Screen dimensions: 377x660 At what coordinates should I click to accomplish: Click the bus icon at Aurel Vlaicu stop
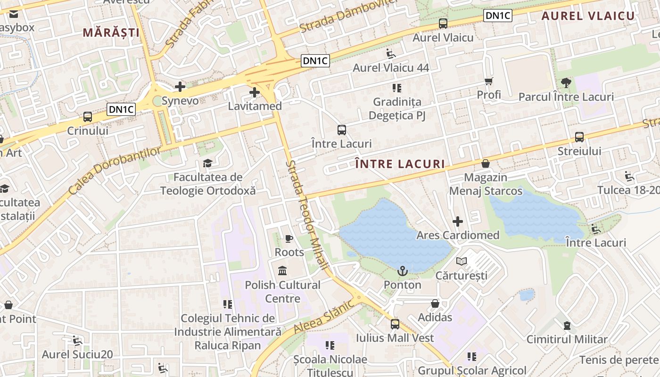443,23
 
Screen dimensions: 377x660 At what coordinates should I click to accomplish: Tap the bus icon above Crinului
87,116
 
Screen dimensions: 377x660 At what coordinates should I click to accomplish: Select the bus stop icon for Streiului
579,137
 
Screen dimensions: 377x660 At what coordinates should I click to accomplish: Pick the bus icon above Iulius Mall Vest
395,324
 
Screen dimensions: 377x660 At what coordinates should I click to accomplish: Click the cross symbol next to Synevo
180,87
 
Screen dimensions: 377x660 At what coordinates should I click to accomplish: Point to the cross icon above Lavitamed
255,92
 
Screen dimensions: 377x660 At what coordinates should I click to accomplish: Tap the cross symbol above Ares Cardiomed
457,221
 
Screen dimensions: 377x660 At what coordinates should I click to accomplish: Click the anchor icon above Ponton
402,270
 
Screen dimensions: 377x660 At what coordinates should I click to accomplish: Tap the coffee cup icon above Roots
289,238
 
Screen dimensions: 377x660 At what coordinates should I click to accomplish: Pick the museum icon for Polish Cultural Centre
283,271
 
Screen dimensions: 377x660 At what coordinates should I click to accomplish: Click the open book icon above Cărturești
461,261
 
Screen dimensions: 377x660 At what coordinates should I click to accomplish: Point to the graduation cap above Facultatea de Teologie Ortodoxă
207,163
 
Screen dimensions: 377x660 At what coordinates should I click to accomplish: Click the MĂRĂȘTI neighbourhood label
111,33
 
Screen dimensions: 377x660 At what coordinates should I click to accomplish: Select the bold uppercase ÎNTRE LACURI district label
400,164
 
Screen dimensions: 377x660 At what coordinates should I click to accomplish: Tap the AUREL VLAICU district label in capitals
588,16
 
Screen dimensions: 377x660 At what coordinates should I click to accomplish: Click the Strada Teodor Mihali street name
307,215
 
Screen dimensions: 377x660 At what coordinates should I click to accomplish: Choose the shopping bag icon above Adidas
435,303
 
